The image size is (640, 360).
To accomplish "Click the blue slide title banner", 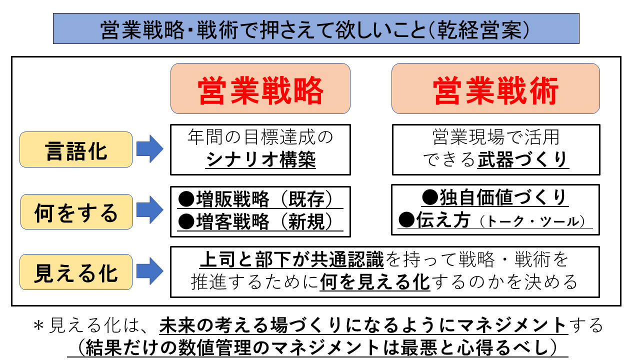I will (316, 28).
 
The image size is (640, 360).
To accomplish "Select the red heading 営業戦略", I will (260, 90).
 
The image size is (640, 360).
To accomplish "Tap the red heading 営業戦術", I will (495, 90).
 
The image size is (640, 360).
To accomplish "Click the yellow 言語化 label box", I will (76, 149).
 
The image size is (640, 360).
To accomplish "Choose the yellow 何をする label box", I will (76, 212).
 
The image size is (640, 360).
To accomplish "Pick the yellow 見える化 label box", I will (76, 272).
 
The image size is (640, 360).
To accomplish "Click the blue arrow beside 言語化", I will (149, 149).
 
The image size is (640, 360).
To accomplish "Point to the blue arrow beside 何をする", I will (149, 211).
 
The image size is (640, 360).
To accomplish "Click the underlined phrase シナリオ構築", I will (260, 160).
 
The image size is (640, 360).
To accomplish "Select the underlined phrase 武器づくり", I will (522, 160).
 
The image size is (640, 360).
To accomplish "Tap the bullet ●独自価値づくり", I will (495, 197).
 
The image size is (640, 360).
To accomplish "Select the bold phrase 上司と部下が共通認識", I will (291, 260).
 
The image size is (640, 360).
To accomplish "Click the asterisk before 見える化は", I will (38, 326).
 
